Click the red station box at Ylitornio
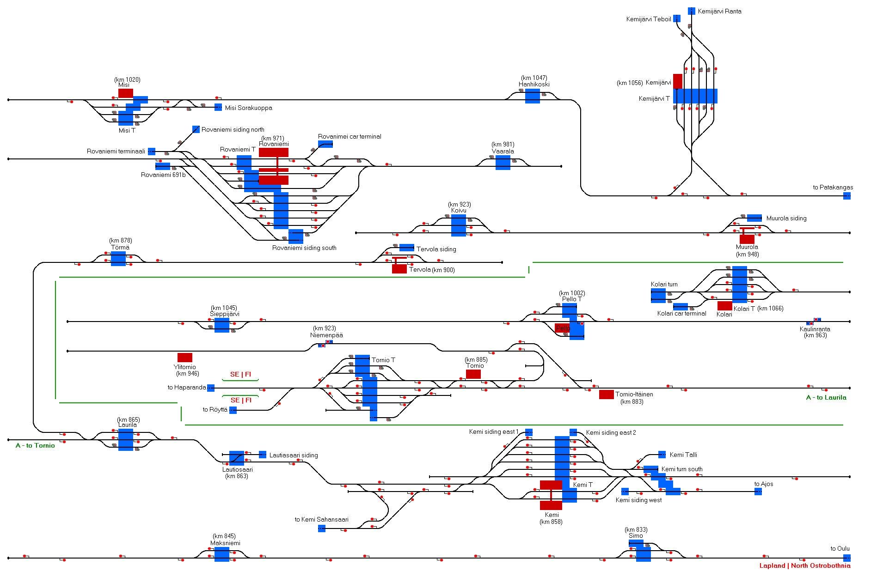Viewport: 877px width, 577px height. (x=185, y=357)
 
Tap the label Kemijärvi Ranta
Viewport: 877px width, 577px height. (x=719, y=11)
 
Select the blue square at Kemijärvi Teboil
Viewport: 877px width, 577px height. (x=677, y=18)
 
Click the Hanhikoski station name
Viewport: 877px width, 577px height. (x=534, y=84)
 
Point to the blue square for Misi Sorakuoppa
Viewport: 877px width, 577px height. (x=218, y=107)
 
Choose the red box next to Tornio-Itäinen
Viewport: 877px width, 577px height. (x=607, y=394)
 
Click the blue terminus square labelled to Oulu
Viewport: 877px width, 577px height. (x=847, y=558)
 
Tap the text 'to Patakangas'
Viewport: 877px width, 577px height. (x=833, y=187)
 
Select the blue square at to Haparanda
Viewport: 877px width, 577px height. (x=211, y=388)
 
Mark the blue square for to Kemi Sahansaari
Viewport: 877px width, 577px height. (x=322, y=528)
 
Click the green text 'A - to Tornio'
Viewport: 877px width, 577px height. (x=35, y=445)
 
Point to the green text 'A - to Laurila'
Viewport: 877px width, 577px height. (x=826, y=397)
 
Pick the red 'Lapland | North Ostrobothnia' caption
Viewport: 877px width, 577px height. (x=805, y=565)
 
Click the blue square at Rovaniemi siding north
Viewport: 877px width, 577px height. (x=196, y=129)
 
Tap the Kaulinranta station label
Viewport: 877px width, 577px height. (x=815, y=329)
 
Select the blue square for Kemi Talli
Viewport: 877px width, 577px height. (x=662, y=455)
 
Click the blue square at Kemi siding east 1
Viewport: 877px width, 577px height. (x=529, y=432)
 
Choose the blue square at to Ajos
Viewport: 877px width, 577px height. (x=758, y=491)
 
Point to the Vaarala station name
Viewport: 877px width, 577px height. (x=503, y=151)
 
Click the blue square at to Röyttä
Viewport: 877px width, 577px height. (x=233, y=410)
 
